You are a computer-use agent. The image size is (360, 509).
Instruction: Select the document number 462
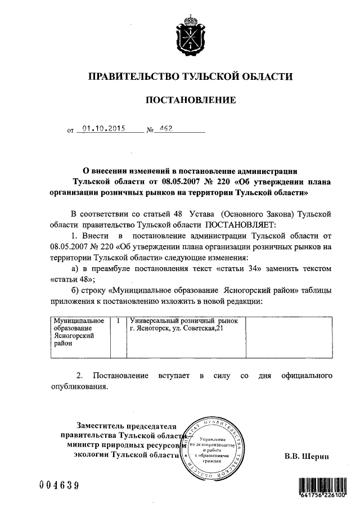click(x=165, y=128)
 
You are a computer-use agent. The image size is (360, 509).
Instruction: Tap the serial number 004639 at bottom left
click(x=59, y=485)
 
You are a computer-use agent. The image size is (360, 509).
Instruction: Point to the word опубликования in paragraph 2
click(x=78, y=387)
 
